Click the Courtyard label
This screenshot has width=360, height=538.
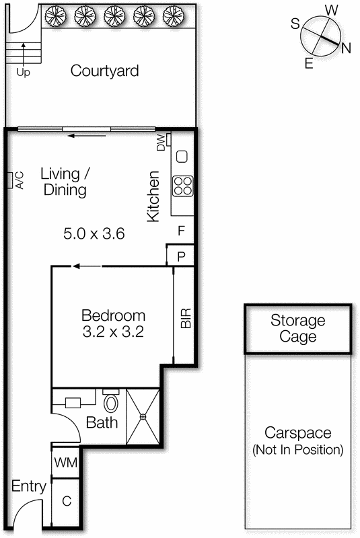click(104, 71)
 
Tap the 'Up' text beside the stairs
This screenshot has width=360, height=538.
click(23, 71)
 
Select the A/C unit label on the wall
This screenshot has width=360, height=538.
click(19, 180)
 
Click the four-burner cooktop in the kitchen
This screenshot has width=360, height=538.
click(182, 184)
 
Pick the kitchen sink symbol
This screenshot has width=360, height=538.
click(182, 157)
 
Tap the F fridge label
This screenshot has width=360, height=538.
click(181, 230)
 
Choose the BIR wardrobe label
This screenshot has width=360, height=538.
click(186, 317)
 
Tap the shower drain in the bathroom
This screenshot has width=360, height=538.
click(143, 417)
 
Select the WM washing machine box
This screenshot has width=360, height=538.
click(65, 463)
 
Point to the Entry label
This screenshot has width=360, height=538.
click(30, 486)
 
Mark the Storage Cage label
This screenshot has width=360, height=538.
click(297, 329)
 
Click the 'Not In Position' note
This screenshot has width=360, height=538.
click(297, 449)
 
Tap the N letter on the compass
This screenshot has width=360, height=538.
click(345, 47)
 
